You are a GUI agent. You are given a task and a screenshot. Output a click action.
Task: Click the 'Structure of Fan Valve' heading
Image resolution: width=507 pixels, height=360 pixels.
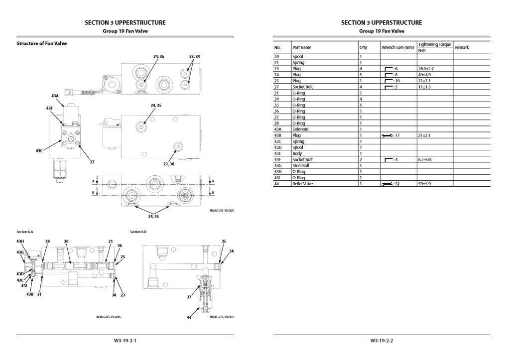42,43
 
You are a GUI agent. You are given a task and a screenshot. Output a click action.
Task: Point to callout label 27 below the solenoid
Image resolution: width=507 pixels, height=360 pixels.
92,162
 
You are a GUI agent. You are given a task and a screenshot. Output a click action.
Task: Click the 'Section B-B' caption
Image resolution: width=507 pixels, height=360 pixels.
138,232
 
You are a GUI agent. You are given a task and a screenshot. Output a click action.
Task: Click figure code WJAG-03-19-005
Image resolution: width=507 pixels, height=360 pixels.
222,211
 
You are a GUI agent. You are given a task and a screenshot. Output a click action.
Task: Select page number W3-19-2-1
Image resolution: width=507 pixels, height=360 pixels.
125,341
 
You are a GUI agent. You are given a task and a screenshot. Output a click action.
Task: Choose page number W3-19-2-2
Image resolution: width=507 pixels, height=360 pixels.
381,341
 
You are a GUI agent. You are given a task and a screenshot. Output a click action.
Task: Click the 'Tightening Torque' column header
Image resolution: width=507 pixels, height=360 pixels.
434,45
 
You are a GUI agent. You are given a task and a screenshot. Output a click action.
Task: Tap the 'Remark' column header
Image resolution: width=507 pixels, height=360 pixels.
462,47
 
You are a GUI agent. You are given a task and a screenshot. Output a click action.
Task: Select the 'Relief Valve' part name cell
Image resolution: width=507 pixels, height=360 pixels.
303,184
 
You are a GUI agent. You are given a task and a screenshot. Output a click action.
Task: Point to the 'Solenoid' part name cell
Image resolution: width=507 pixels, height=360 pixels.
300,129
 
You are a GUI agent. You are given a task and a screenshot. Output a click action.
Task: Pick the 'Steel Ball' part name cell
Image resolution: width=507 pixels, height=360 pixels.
301,165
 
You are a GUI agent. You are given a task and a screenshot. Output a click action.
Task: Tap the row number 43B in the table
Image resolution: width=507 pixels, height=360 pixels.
278,135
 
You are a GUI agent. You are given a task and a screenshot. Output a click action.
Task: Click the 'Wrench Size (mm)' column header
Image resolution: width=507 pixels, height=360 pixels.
397,47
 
